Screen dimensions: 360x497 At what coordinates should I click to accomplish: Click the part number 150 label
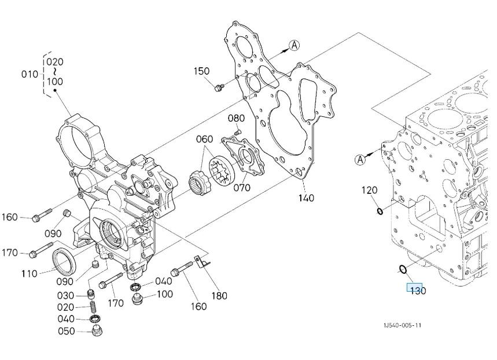[x=201, y=71]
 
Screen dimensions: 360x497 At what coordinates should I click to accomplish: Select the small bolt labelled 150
[x=219, y=87]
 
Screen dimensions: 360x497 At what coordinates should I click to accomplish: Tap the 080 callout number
[x=236, y=118]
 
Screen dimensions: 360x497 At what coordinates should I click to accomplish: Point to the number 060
[x=204, y=139]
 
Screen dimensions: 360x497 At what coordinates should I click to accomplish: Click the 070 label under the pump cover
[x=242, y=188]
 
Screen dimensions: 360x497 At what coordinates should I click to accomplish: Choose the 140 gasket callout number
[x=306, y=198]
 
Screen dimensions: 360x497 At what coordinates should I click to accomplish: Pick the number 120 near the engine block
[x=370, y=190]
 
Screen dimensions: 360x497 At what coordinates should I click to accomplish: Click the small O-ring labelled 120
[x=380, y=211]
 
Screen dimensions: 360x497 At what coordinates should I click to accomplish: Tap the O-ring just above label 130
[x=404, y=269]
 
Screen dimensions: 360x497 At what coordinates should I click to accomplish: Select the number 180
[x=219, y=296]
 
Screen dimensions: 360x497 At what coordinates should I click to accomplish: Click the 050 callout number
[x=66, y=332]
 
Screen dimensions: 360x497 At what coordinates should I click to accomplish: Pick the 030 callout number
[x=66, y=296]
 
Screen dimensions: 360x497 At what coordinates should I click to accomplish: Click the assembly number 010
[x=30, y=74]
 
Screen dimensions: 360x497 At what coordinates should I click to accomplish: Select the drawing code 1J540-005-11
[x=402, y=325]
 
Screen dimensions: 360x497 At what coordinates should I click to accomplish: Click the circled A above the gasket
[x=294, y=45]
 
